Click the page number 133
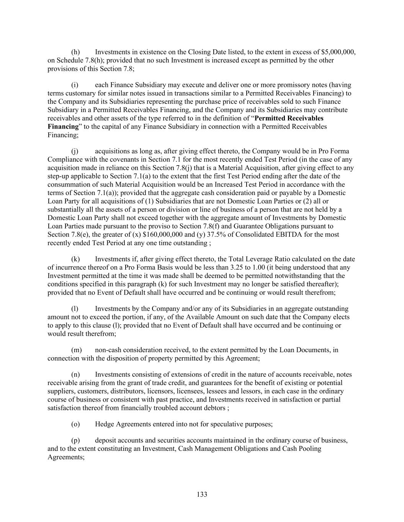(202, 494)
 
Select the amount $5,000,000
(339, 52)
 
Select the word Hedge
(105, 424)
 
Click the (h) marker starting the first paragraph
(75, 52)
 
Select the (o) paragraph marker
(75, 424)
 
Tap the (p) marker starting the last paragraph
(75, 441)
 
